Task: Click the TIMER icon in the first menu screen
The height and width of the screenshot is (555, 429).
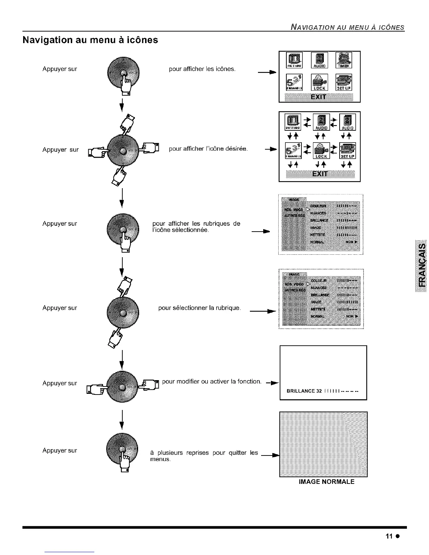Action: point(344,60)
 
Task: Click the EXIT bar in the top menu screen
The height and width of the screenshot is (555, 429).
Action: point(319,97)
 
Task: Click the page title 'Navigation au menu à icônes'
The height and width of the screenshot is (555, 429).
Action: point(90,40)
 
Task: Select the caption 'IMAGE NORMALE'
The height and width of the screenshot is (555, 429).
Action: point(326,482)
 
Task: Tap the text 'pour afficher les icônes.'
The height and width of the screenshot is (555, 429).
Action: point(202,69)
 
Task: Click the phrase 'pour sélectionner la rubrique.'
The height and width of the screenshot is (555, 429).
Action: point(200,308)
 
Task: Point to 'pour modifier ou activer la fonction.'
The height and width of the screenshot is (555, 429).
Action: point(212,381)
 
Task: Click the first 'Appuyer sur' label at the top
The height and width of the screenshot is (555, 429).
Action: point(60,69)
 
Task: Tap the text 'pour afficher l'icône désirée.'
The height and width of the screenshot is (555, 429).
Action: point(208,149)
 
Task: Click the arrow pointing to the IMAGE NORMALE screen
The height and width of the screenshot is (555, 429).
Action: point(270,455)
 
